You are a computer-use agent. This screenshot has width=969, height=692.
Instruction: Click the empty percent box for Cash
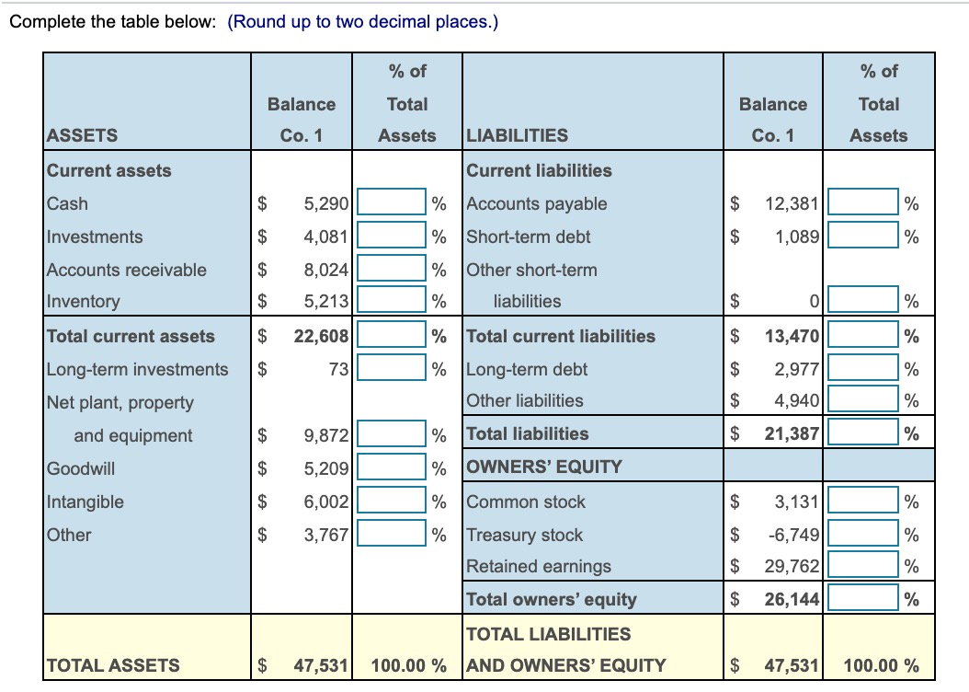[393, 203]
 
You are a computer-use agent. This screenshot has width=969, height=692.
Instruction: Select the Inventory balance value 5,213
[328, 301]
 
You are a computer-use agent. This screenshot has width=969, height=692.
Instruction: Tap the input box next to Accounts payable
[863, 203]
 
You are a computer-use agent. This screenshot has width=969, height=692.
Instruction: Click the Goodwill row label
[81, 468]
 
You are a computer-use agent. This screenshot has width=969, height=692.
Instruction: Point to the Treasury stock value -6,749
[792, 535]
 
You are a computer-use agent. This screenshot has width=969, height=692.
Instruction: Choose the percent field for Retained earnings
[863, 566]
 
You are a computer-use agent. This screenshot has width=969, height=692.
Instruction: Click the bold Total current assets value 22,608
[321, 336]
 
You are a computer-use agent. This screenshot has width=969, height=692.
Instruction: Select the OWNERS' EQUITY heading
[544, 467]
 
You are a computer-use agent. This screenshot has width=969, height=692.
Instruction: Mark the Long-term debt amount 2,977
[796, 369]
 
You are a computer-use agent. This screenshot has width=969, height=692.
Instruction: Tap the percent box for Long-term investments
[393, 369]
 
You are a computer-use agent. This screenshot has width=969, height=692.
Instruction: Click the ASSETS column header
[82, 135]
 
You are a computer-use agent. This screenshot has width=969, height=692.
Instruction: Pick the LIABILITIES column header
[518, 135]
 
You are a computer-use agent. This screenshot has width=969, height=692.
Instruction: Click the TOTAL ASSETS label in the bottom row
[113, 664]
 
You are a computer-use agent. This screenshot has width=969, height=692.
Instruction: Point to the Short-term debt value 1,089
[796, 236]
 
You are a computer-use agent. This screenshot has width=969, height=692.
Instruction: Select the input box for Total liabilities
[863, 433]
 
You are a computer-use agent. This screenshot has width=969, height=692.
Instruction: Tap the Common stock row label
[526, 502]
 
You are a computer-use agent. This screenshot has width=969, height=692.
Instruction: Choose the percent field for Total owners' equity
[863, 599]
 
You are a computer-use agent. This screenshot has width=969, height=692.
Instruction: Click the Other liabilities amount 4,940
[796, 400]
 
